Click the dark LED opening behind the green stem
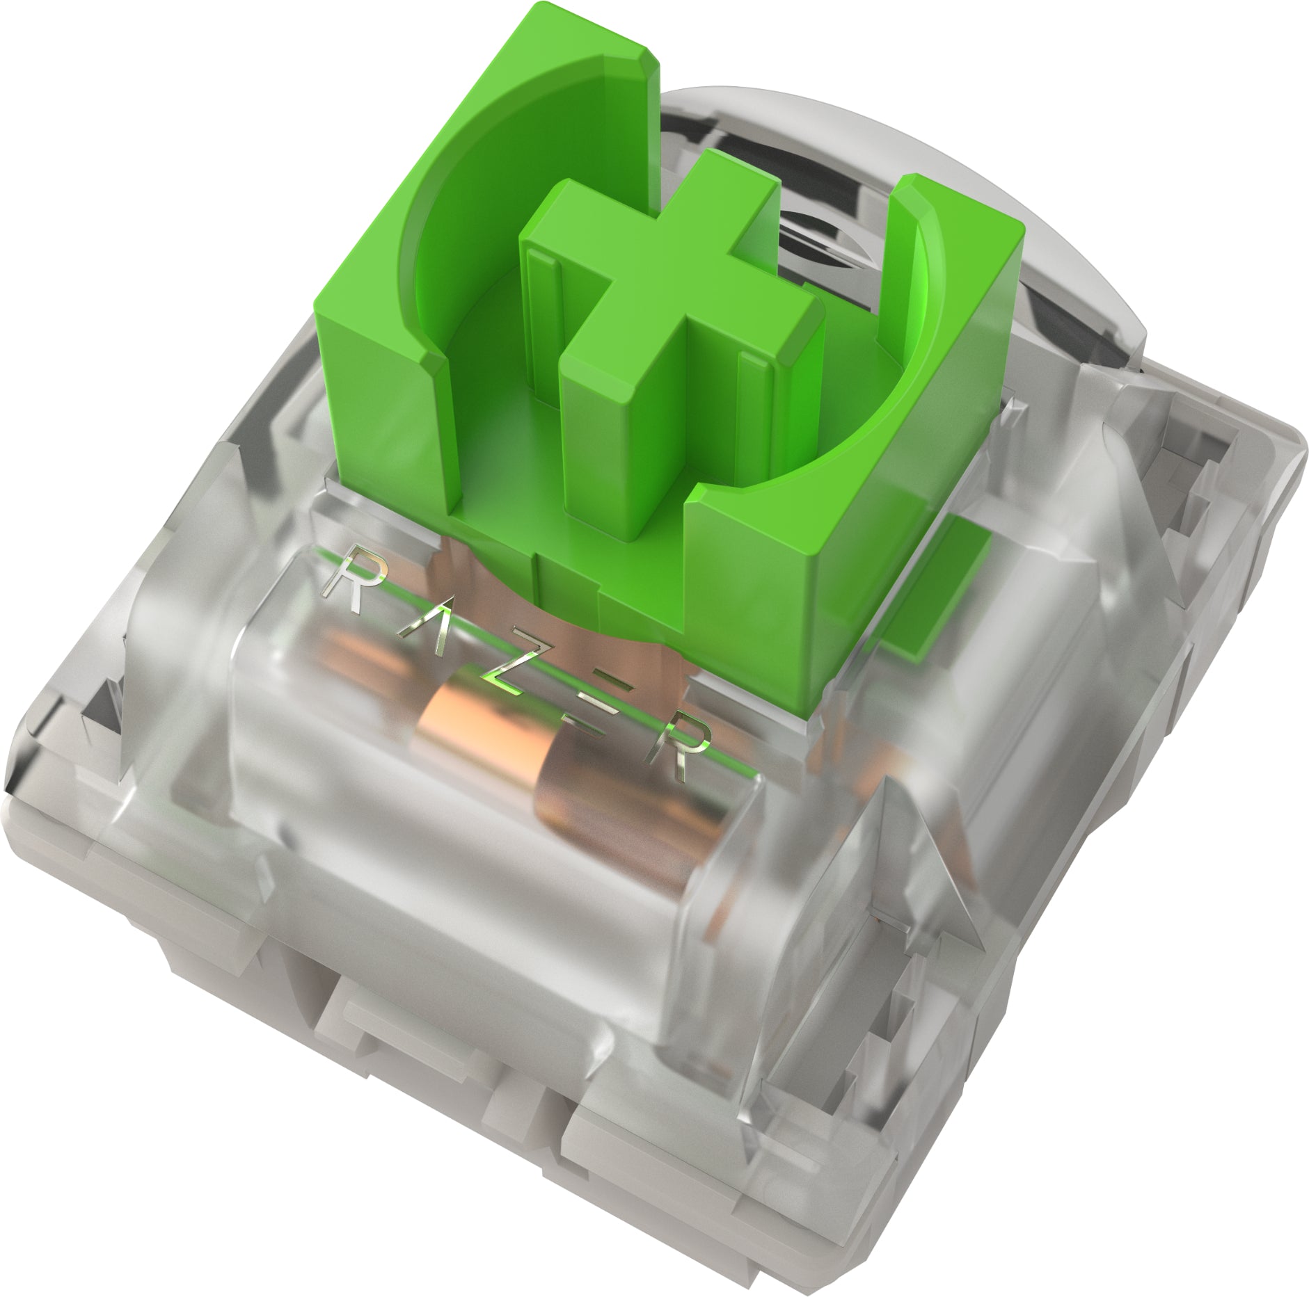coord(814,229)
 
